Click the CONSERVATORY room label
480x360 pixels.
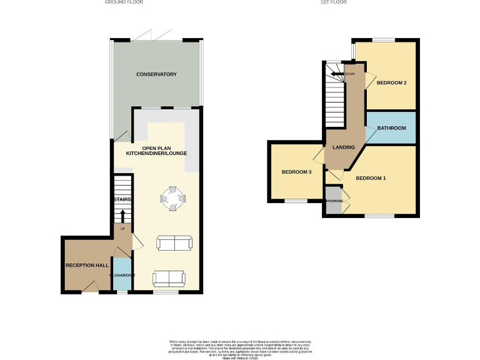tap(156, 74)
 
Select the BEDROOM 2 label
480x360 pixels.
tap(392, 83)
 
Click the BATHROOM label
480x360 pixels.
tap(391, 128)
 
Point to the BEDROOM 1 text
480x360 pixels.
tap(371, 179)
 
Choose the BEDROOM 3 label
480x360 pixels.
tap(296, 172)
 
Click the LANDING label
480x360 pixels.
tap(344, 147)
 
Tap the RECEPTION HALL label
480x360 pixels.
tap(87, 266)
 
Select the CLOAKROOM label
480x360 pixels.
tap(122, 275)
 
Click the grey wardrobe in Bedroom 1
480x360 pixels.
tap(333, 206)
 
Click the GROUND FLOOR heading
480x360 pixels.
tap(124, 2)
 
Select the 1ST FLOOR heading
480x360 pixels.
tap(333, 2)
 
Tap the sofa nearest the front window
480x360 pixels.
tap(169, 278)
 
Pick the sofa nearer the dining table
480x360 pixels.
tap(174, 243)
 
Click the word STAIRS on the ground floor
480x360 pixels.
tap(122, 199)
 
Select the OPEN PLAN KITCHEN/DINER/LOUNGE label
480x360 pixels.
tap(156, 150)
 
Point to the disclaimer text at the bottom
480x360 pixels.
tap(240, 348)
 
